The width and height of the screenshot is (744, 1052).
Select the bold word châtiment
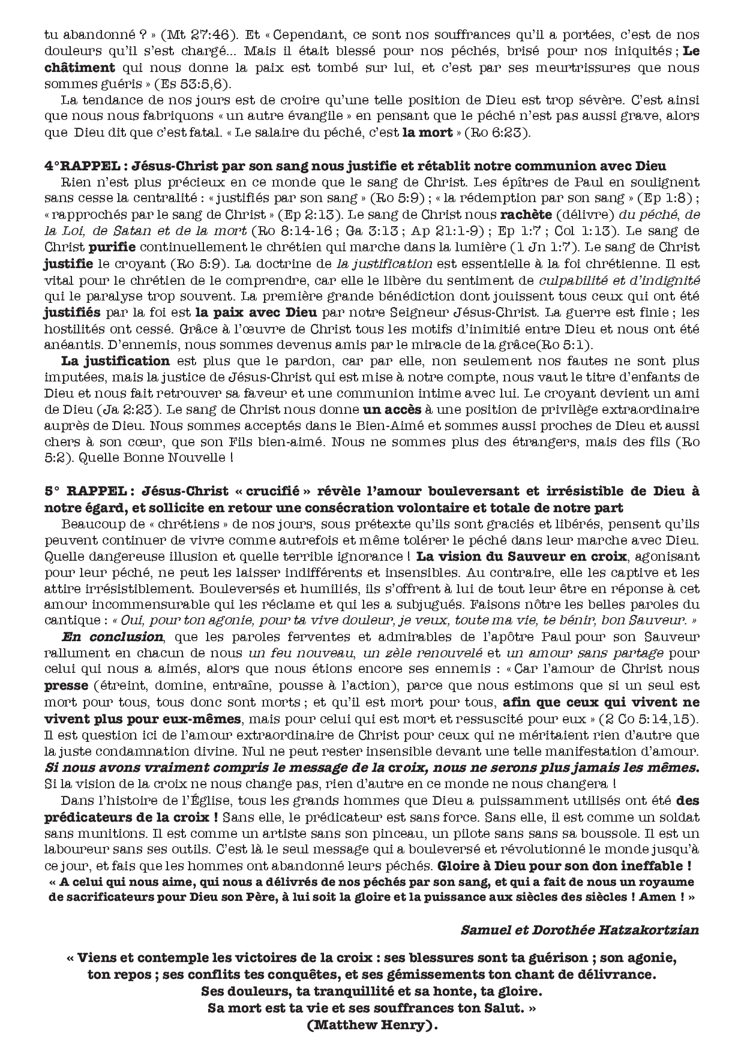click(79, 68)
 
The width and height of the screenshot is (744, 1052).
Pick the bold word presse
click(66, 686)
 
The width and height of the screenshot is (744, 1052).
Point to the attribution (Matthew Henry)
click(371, 1025)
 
